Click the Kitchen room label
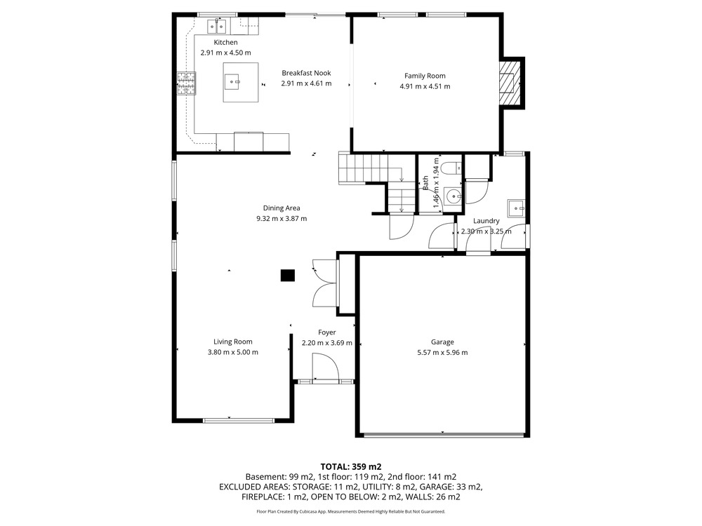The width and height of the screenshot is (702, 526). click(x=225, y=43)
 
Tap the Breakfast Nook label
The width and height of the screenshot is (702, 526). click(x=306, y=73)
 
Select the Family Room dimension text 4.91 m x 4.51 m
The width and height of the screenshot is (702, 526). click(x=425, y=86)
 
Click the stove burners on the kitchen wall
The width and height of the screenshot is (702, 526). click(x=186, y=83)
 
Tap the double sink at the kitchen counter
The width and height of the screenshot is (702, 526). click(x=217, y=27)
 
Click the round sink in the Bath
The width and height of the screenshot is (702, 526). click(x=453, y=196)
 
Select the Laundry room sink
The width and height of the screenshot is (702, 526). click(x=516, y=208)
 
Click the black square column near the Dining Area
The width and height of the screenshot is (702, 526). click(x=287, y=276)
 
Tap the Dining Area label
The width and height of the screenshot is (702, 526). click(x=282, y=208)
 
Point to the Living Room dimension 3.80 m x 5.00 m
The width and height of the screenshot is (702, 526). click(x=233, y=352)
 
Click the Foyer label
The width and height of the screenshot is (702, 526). click(x=327, y=332)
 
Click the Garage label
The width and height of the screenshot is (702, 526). click(x=442, y=342)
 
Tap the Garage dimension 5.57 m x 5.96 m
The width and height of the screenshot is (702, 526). click(x=442, y=353)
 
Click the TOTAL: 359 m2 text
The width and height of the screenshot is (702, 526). click(x=351, y=467)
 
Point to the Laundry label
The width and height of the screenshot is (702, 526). click(x=486, y=221)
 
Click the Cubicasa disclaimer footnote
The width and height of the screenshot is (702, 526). click(x=351, y=511)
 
